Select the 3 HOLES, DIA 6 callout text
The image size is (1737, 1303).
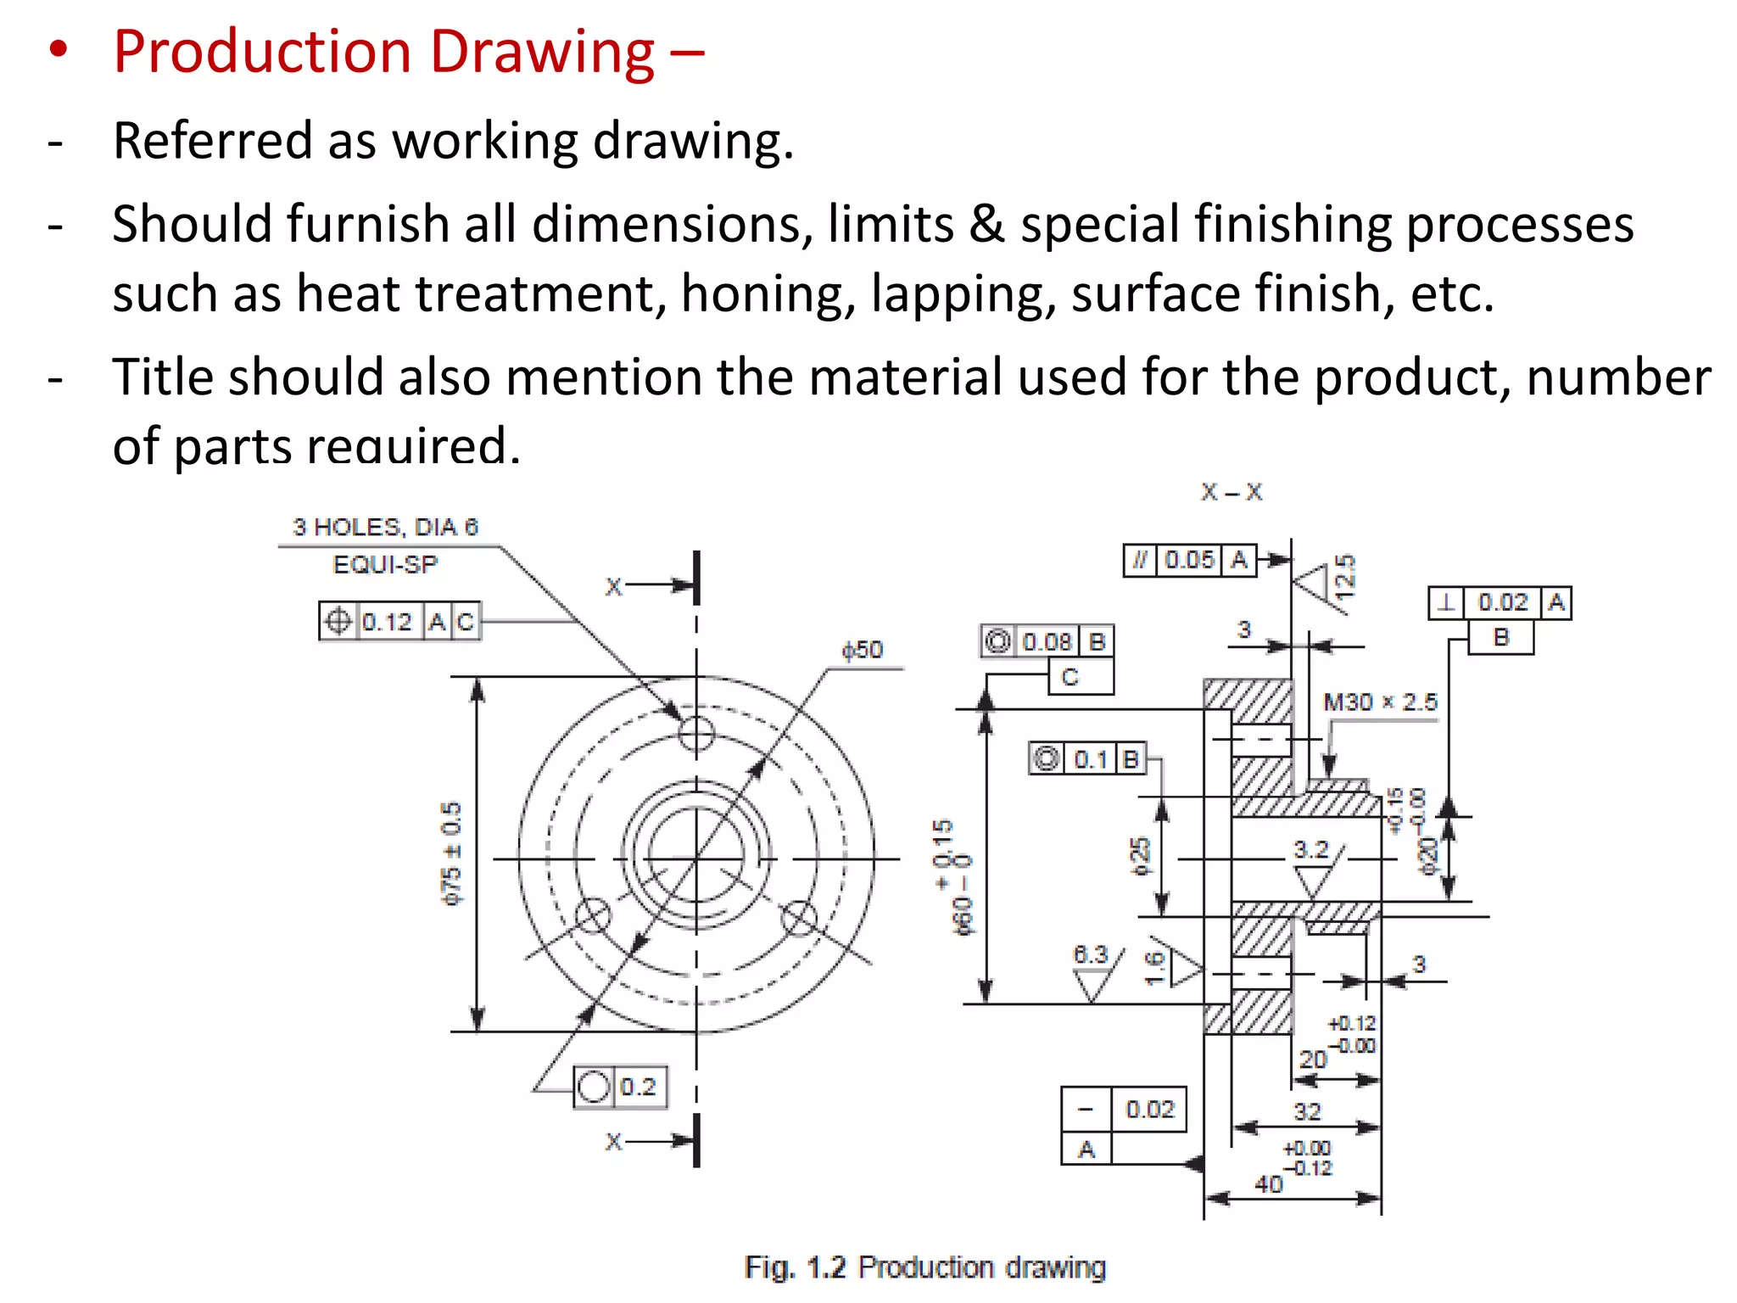tap(385, 528)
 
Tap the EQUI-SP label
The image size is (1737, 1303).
tap(385, 565)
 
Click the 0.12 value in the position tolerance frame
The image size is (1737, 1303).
tap(387, 622)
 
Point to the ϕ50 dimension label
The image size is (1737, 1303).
tap(862, 651)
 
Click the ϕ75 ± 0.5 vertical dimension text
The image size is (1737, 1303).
tap(452, 853)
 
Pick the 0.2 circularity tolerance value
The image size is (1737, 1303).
tap(638, 1087)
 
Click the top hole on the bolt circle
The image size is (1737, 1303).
tap(696, 733)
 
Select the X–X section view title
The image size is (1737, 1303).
tap(1232, 492)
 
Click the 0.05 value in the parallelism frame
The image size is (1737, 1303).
tap(1189, 560)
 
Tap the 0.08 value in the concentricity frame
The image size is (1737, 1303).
tap(1047, 642)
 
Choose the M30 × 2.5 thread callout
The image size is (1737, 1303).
tap(1380, 702)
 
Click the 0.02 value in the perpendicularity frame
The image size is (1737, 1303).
tap(1503, 602)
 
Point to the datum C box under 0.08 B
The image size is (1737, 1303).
tap(1070, 678)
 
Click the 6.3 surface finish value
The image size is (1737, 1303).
tap(1091, 955)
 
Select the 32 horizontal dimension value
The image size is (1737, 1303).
tap(1307, 1111)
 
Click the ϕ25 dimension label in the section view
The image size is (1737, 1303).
tap(1141, 857)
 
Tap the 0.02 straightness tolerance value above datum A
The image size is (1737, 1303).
tap(1149, 1110)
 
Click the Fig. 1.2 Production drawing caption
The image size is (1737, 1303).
tap(925, 1267)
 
